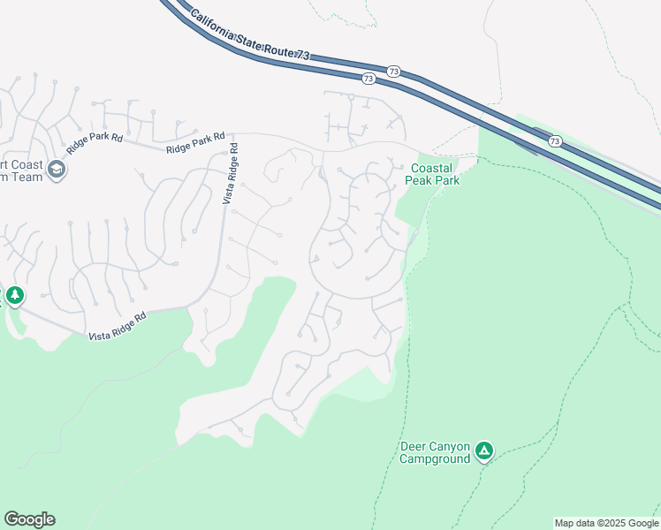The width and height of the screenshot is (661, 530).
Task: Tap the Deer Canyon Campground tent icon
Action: click(x=483, y=451)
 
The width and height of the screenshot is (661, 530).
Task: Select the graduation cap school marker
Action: click(x=57, y=170)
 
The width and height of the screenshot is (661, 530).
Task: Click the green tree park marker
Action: click(x=15, y=295)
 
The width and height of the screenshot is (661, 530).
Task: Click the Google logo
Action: click(x=29, y=519)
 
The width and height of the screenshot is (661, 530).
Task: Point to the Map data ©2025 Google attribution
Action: click(x=606, y=523)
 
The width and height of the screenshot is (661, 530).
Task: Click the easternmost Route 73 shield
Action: click(x=554, y=140)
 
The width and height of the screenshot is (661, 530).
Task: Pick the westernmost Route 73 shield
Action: click(x=368, y=79)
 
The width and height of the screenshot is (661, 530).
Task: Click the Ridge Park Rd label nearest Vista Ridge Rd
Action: click(x=195, y=144)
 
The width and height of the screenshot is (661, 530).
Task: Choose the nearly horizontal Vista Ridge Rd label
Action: click(x=118, y=325)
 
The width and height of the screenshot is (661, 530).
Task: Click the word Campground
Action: click(x=436, y=458)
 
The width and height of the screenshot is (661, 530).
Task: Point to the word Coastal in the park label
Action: click(x=432, y=168)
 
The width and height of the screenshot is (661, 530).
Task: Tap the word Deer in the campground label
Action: click(x=413, y=446)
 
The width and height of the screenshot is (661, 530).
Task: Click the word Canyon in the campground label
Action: click(x=449, y=446)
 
